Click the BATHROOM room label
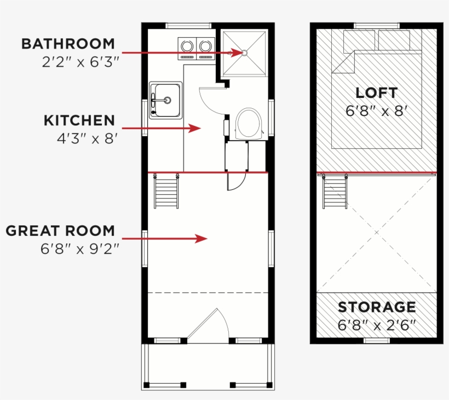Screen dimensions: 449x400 68,44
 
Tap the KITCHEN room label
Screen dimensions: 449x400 79,120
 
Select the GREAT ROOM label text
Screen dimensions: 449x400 60,230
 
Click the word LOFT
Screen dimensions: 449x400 376,92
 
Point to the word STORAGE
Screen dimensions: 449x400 377,307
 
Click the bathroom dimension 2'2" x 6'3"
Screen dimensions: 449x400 80,62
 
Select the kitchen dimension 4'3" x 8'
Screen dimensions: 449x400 88,138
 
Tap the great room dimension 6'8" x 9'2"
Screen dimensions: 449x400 79,249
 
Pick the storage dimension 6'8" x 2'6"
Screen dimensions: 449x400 377,325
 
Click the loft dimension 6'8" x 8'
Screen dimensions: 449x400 376,111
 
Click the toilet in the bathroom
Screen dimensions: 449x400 249,124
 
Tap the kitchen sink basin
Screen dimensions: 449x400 168,100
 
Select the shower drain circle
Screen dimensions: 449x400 244,53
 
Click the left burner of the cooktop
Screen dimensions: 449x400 187,47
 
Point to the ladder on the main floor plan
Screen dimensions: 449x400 166,191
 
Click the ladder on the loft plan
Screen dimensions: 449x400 335,192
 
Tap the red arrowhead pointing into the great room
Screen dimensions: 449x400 201,239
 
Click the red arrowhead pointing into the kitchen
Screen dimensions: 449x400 195,128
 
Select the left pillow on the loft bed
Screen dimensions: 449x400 359,42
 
